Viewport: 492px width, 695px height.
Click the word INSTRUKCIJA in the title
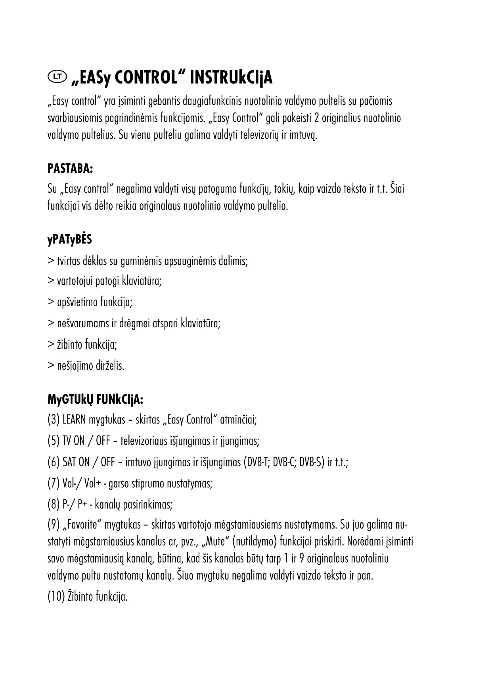231,78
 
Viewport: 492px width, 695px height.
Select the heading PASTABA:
70,168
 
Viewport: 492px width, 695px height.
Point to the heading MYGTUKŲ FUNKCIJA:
95,399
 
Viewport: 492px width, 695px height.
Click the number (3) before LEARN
54,420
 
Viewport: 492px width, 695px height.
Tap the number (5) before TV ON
54,441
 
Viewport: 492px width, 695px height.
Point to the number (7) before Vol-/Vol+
54,483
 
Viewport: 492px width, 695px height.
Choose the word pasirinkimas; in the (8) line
148,505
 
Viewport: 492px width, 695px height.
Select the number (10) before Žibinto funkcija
56,597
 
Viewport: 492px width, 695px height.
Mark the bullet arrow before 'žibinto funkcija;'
51,345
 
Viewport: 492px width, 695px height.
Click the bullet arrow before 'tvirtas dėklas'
51,261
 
